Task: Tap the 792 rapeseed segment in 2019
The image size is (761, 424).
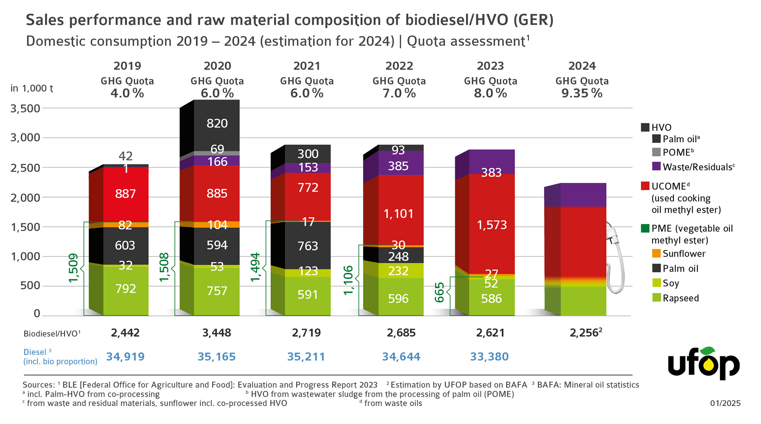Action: (x=126, y=289)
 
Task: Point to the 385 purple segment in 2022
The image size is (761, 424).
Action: (x=398, y=166)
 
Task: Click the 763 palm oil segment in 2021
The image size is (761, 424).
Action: (x=308, y=246)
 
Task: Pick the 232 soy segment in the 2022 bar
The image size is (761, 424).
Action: (x=398, y=270)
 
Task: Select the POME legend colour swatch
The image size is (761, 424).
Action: (x=657, y=152)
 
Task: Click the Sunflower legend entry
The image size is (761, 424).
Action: (x=684, y=254)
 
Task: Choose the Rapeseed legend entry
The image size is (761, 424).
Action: (x=680, y=298)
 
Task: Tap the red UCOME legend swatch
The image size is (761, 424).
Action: (x=645, y=186)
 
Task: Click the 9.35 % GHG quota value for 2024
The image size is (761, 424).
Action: (x=582, y=93)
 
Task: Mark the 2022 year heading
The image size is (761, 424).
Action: (x=399, y=66)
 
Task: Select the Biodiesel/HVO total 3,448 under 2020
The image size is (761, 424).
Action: (x=217, y=333)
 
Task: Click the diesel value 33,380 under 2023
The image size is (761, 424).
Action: (x=489, y=357)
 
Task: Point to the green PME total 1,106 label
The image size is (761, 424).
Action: (x=349, y=280)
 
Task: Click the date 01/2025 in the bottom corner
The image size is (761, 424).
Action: (x=725, y=403)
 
